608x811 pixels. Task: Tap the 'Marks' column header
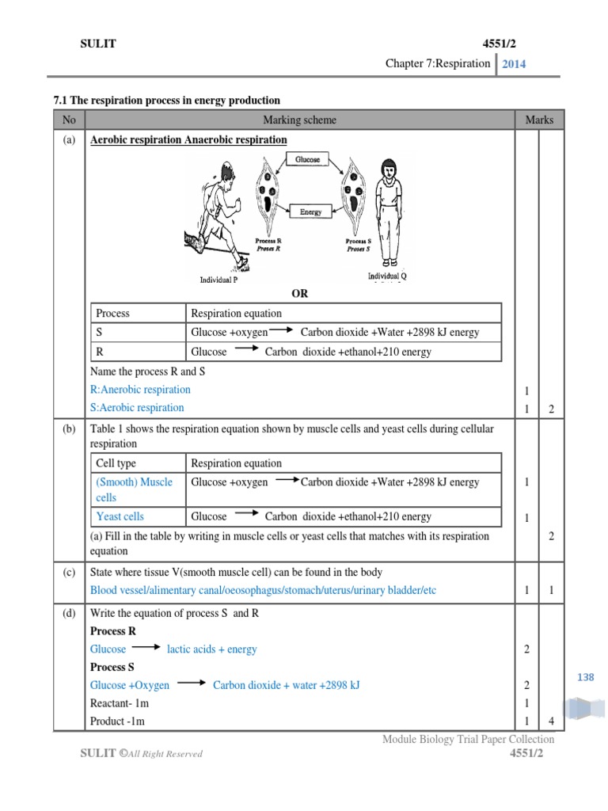coord(539,120)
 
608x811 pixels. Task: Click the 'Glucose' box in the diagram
coord(308,159)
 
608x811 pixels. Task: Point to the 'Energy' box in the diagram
coord(310,211)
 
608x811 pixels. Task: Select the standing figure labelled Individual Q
coord(387,214)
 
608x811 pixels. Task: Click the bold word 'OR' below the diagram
coord(299,294)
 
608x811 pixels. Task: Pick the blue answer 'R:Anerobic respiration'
coord(141,390)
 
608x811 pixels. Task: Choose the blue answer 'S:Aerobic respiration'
coord(137,408)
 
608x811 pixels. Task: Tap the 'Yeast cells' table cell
coord(120,516)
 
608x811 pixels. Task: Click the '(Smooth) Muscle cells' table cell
coord(135,489)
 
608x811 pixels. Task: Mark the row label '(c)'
coord(68,573)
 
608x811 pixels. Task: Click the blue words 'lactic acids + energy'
coord(212,649)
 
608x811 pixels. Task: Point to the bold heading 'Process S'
coord(112,667)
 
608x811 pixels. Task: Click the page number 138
coord(585,677)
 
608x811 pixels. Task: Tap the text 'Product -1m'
coord(117,722)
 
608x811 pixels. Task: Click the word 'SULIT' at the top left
coord(98,44)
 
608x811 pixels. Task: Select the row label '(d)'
coord(68,613)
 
